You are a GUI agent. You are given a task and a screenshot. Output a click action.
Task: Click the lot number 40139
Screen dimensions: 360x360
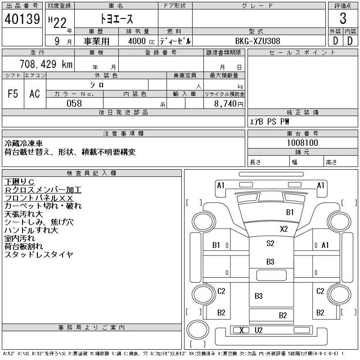(x=22, y=19)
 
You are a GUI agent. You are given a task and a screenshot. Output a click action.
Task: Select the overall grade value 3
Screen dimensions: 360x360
(x=343, y=18)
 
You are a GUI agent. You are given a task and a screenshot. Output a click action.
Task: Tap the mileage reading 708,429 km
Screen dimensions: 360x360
(x=46, y=64)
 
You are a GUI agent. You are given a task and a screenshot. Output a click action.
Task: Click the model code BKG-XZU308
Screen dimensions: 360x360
(x=257, y=41)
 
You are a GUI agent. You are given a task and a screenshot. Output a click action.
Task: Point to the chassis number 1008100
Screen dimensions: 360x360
(x=302, y=143)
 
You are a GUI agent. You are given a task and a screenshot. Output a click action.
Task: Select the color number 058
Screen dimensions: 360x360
(x=74, y=103)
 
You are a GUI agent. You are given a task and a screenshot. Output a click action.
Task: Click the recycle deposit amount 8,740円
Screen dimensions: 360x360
(x=229, y=103)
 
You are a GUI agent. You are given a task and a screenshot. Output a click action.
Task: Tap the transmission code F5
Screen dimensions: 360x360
(x=13, y=94)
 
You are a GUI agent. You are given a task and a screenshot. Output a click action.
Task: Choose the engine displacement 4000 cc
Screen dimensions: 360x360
(x=141, y=41)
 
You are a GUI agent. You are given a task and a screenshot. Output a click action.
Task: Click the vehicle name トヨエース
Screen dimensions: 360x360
(x=117, y=19)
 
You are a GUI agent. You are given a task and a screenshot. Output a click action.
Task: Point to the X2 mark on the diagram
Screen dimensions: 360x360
(x=284, y=229)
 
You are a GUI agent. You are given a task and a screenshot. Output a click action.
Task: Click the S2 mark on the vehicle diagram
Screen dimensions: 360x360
(x=270, y=243)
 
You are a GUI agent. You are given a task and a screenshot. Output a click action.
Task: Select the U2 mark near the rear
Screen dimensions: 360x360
(x=258, y=330)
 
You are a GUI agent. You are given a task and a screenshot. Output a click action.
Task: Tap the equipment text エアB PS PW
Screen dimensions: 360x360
(x=269, y=121)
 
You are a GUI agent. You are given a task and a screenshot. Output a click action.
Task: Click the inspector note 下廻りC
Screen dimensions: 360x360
(x=19, y=182)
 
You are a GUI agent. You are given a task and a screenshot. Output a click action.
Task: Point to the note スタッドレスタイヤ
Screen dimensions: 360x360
(x=39, y=254)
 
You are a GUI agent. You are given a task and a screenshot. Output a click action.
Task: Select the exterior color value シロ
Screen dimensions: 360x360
(x=97, y=85)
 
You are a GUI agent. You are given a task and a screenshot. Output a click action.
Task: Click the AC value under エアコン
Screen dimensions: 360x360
(x=35, y=94)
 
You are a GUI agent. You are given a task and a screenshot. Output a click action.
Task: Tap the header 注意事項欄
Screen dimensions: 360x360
(x=123, y=133)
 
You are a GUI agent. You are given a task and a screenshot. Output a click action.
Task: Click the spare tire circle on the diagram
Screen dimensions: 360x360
(x=198, y=330)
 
